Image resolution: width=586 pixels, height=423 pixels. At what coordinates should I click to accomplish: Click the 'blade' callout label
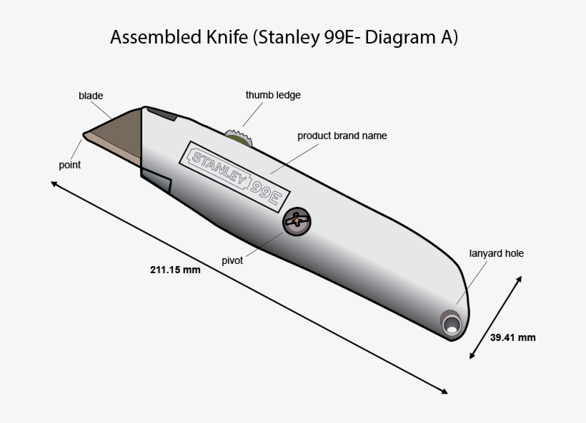[x=91, y=96]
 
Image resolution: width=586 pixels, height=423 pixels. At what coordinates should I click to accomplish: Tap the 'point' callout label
[x=69, y=165]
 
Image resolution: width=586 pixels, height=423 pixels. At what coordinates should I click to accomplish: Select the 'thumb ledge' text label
[x=273, y=95]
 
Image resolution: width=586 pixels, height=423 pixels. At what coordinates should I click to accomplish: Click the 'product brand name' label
[x=342, y=136]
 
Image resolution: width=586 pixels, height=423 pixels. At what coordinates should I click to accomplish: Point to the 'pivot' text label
[x=232, y=260]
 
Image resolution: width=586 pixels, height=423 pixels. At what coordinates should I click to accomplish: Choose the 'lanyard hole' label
[x=496, y=253]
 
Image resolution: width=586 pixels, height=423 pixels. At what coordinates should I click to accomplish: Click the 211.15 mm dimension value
[x=175, y=270]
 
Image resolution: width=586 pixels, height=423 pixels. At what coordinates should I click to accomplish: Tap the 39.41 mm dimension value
[x=512, y=337]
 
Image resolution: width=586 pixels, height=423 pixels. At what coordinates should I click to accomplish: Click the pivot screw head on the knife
[x=297, y=222]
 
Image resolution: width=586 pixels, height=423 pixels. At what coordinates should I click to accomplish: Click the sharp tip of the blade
[x=85, y=133]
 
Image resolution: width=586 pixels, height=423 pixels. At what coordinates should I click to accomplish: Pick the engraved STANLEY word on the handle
[x=219, y=168]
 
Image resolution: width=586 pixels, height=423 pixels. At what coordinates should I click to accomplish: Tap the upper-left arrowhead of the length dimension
[x=54, y=183]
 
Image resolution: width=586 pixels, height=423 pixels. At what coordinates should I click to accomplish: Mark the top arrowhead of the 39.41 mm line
[x=518, y=279]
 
